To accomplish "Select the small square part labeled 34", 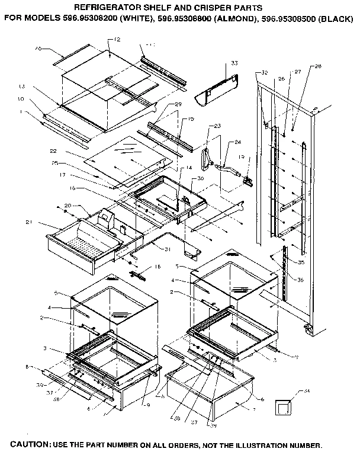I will (x=284, y=409).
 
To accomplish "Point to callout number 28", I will (x=317, y=66).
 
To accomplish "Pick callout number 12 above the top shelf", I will (x=117, y=40).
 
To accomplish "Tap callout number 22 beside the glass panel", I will (x=69, y=150).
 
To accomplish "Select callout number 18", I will (x=157, y=267).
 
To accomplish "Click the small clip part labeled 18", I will (x=139, y=275).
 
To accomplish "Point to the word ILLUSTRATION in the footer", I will (x=259, y=444).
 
